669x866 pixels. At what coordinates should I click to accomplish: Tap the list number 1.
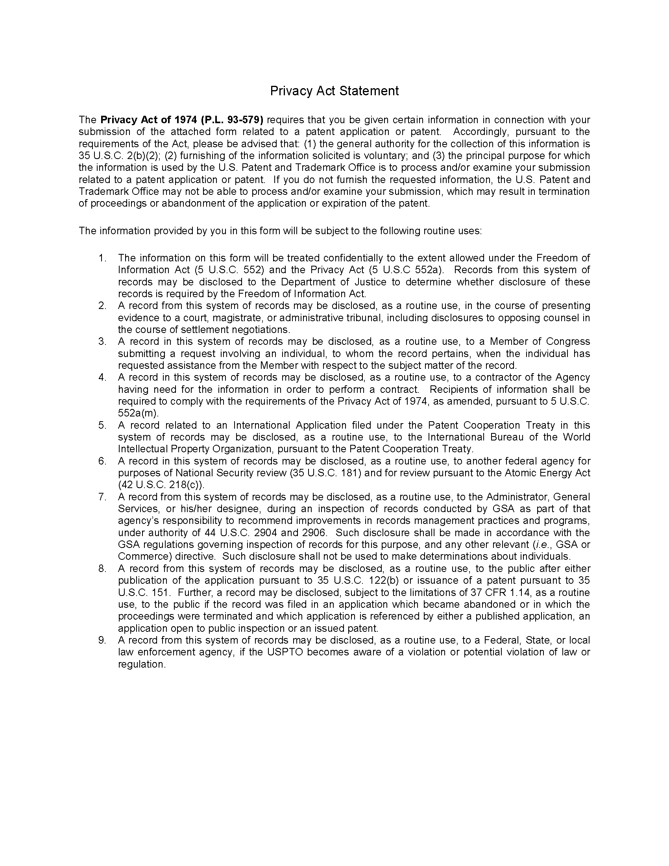click(x=102, y=258)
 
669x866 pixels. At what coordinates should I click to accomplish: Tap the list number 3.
click(x=102, y=341)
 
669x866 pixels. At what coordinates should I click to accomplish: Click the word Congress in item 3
click(x=568, y=341)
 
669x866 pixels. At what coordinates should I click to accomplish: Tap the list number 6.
click(x=102, y=461)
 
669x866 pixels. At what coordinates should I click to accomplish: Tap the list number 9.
click(x=102, y=640)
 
